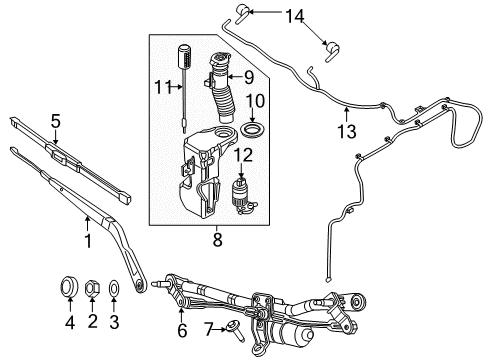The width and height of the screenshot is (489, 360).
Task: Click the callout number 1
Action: click(x=87, y=241)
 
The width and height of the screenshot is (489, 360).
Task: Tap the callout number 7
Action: click(x=208, y=328)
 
